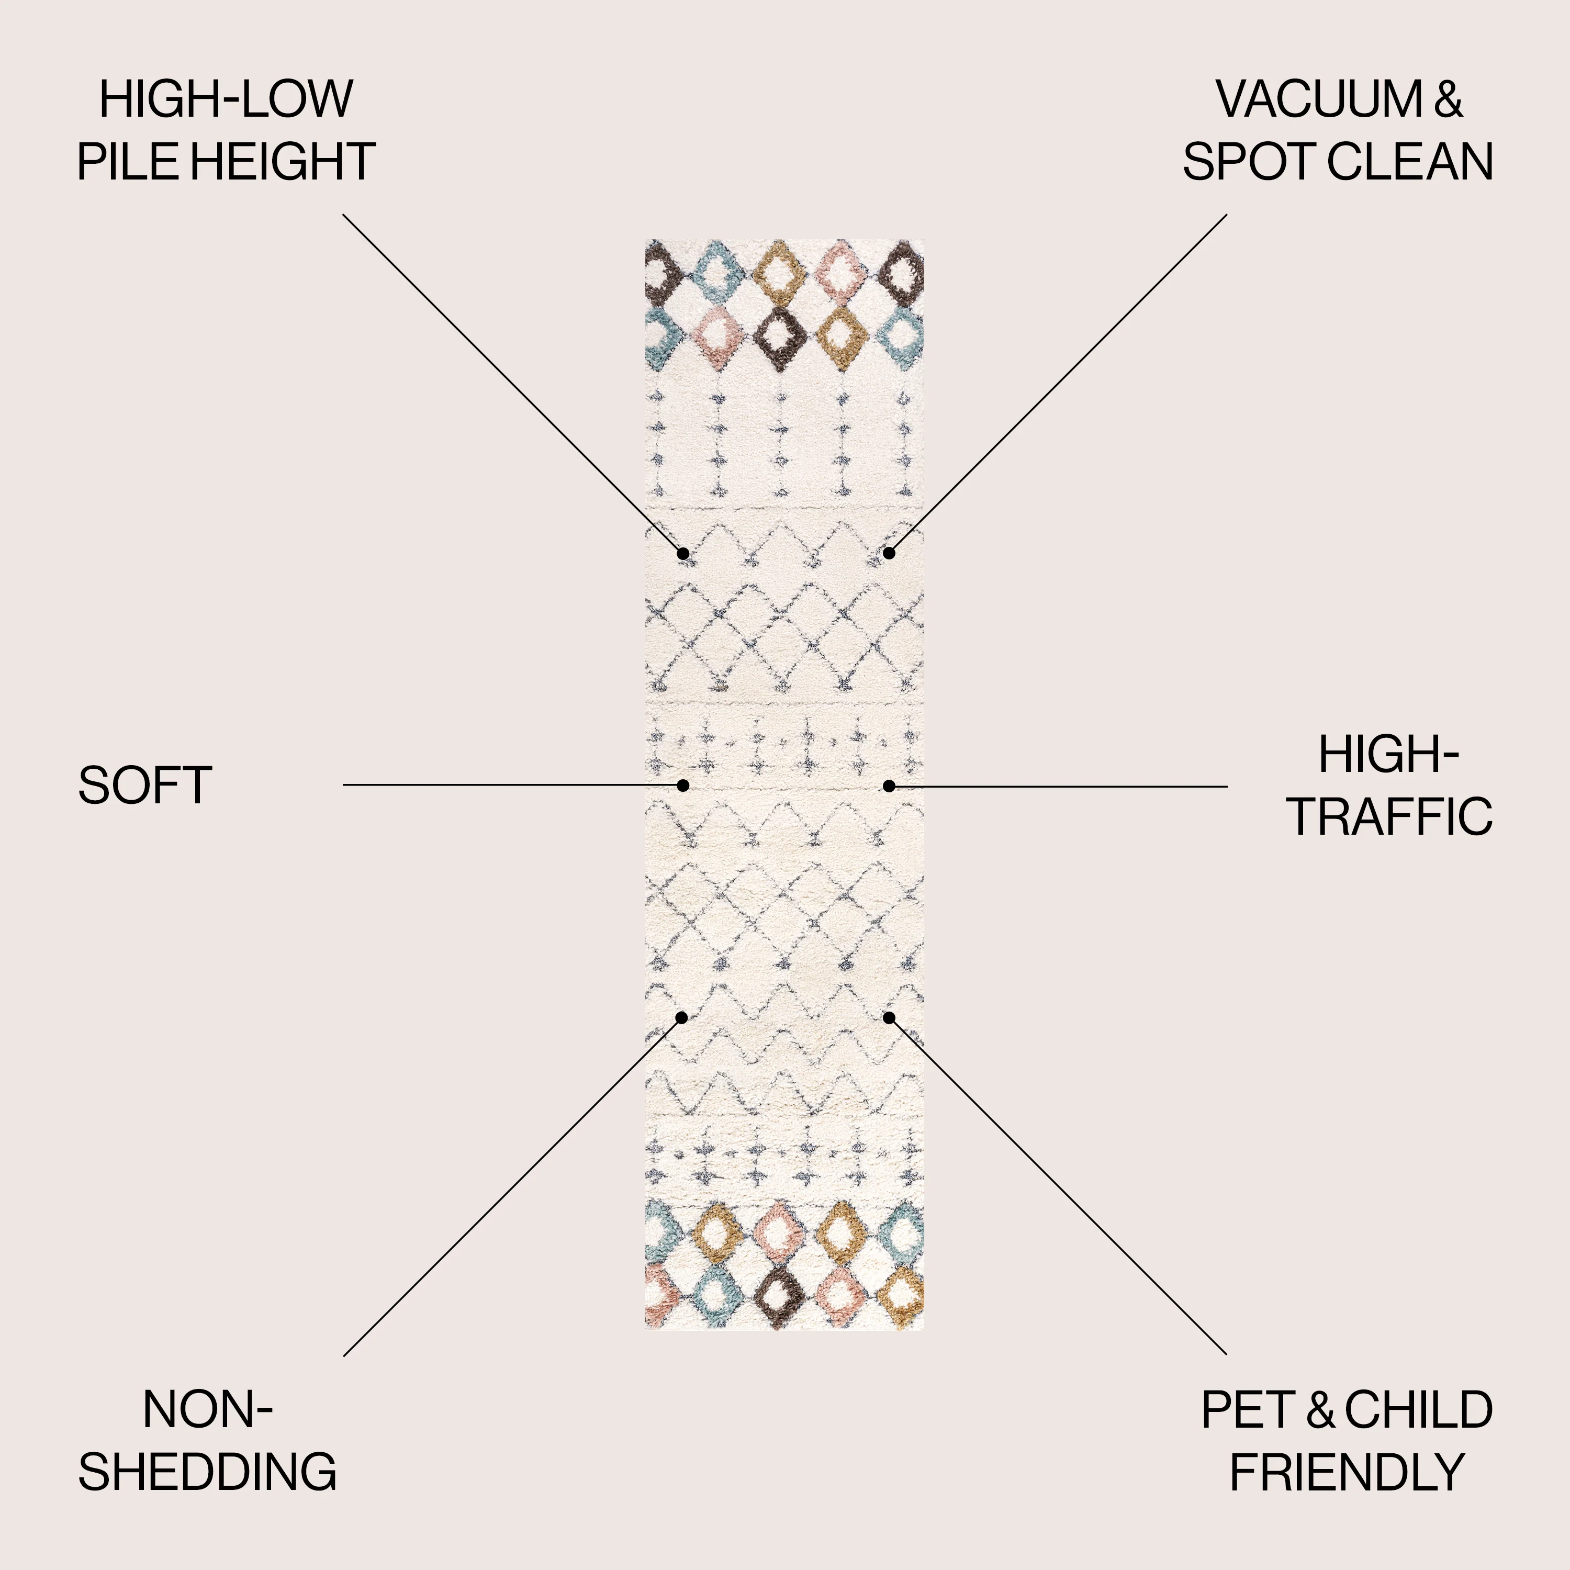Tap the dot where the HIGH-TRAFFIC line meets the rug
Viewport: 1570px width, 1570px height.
coord(889,786)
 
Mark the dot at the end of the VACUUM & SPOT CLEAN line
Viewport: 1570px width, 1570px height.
coord(889,553)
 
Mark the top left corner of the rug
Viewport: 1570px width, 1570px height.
coord(646,240)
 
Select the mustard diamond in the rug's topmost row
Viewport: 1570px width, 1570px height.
coord(779,272)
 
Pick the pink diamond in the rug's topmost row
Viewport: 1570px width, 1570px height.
coord(841,272)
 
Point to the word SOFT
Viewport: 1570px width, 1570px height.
coord(144,786)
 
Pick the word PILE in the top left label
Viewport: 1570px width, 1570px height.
coord(126,161)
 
